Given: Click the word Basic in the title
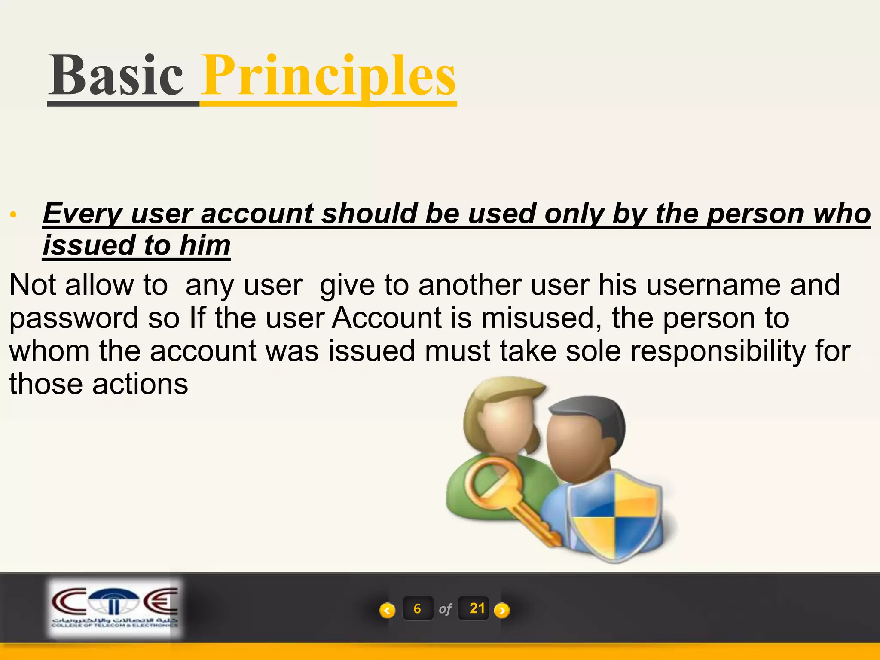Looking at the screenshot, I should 116,76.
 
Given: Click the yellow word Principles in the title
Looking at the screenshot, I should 329,76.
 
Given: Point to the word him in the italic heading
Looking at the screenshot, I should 205,245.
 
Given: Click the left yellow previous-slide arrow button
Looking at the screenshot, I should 387,610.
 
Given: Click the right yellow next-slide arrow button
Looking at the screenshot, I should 501,610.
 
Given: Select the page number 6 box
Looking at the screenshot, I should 417,608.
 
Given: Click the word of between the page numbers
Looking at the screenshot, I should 445,609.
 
